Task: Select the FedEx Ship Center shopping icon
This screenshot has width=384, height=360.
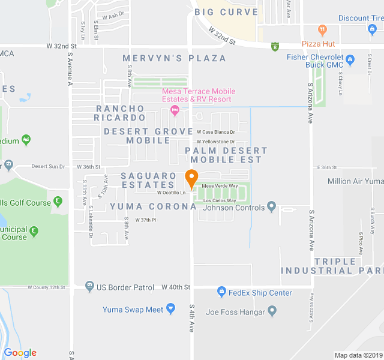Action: (221, 292)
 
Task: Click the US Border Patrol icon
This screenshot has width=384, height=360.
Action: (89, 287)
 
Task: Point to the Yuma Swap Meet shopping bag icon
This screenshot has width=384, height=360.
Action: (172, 310)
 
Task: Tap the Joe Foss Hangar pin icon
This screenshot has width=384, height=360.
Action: (272, 311)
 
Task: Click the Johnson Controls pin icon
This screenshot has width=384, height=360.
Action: (272, 208)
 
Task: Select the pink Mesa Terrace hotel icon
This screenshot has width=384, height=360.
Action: (175, 110)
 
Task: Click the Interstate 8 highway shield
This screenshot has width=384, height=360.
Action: (275, 46)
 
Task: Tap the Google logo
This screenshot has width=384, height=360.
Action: (20, 353)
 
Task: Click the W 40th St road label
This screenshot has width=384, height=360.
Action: (176, 287)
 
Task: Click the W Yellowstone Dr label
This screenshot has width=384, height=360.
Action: (215, 142)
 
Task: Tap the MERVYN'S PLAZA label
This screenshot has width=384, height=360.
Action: (175, 58)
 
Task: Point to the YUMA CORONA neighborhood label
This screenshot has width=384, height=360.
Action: (153, 206)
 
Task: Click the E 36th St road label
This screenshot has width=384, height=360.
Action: (328, 167)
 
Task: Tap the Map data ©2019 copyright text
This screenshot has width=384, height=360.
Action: (358, 355)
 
